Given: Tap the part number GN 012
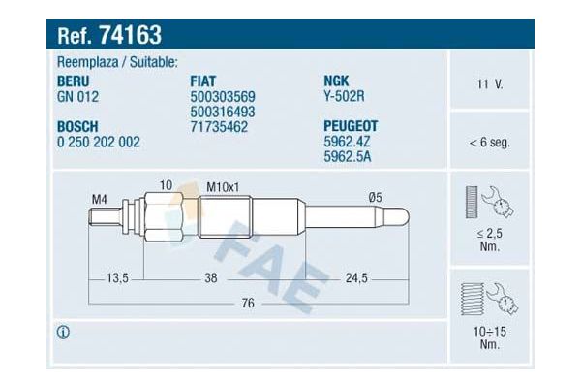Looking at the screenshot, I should pyautogui.click(x=78, y=96).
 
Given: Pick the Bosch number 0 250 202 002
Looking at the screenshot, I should pyautogui.click(x=100, y=142).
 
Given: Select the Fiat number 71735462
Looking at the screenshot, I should pyautogui.click(x=221, y=126).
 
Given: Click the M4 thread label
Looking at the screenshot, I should pyautogui.click(x=99, y=200).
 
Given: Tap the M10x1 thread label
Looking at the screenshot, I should pyautogui.click(x=222, y=185).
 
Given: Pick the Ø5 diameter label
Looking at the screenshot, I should pyautogui.click(x=375, y=200).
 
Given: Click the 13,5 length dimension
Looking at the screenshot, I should pyautogui.click(x=117, y=278).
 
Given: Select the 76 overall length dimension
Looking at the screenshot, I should pyautogui.click(x=247, y=305).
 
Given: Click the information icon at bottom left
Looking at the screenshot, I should pyautogui.click(x=64, y=332).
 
